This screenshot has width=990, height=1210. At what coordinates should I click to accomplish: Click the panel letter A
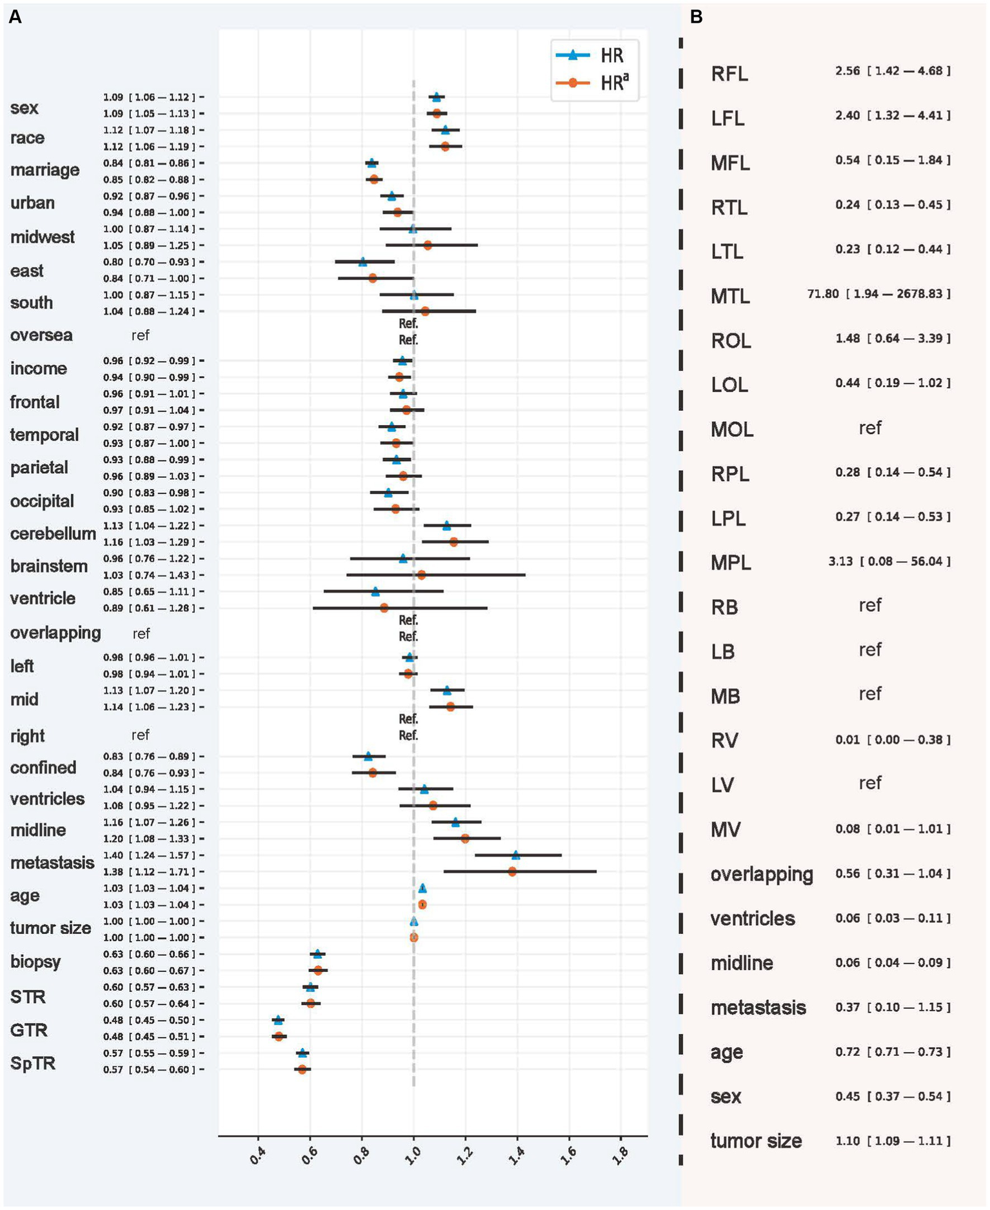point(14,18)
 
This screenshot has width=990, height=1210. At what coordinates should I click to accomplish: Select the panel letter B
point(697,18)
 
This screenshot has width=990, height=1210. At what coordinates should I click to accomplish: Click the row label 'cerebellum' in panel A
point(53,533)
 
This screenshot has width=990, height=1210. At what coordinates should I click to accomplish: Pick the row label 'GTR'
point(29,1029)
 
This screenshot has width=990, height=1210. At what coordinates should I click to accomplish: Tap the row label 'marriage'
point(45,170)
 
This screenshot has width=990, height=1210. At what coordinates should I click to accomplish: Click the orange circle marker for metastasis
point(512,871)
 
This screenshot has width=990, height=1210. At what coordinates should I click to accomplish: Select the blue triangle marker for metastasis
point(515,855)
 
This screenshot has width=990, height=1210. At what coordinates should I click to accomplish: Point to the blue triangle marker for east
point(362,262)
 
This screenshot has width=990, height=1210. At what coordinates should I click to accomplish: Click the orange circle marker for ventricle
point(384,608)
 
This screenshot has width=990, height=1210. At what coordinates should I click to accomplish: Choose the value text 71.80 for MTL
point(823,294)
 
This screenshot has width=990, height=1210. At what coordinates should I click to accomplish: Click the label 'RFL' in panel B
point(729,74)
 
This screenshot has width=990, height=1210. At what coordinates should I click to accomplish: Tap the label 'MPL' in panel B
point(731,562)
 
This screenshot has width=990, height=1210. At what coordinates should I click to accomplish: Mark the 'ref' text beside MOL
point(870,428)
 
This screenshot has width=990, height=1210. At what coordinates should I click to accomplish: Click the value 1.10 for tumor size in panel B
point(847,1141)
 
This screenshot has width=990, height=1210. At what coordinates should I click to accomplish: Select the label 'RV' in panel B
point(724,740)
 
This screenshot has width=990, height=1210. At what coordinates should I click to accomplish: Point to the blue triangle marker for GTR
point(278,1020)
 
